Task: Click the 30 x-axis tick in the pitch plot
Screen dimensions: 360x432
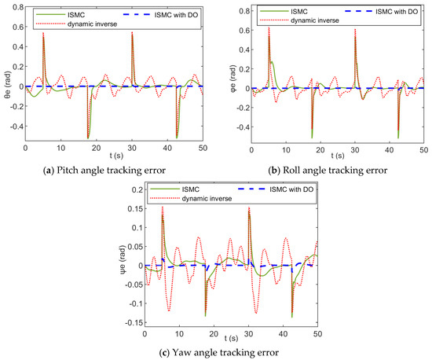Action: click(x=133, y=148)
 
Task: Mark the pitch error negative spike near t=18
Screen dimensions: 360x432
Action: click(x=87, y=138)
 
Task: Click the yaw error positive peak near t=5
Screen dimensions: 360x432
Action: click(x=163, y=208)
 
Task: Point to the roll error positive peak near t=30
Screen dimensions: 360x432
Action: click(x=354, y=31)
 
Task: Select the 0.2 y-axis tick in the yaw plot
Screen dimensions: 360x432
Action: click(x=133, y=189)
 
